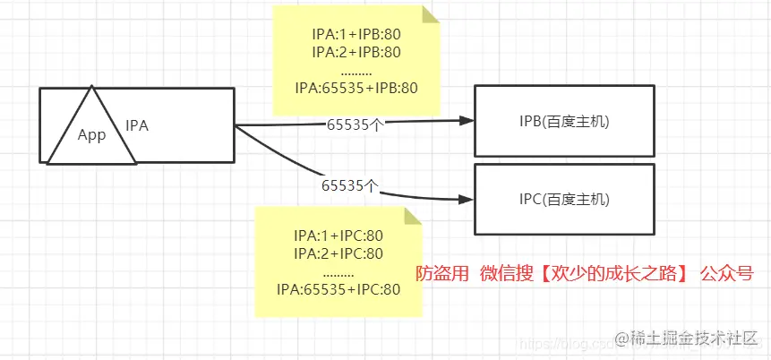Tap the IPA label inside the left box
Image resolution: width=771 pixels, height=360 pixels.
pyautogui.click(x=137, y=126)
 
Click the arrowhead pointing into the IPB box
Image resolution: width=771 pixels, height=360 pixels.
pyautogui.click(x=466, y=121)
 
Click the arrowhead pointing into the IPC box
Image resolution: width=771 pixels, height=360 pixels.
pyautogui.click(x=466, y=199)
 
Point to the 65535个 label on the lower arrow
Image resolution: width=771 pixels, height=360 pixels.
pyautogui.click(x=349, y=186)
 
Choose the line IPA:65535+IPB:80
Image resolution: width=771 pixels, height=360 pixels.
pyautogui.click(x=356, y=88)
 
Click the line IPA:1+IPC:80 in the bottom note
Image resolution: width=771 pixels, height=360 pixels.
pyautogui.click(x=338, y=236)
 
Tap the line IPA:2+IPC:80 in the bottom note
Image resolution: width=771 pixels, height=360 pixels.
pyautogui.click(x=338, y=253)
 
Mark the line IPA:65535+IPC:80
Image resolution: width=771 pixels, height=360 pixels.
pyautogui.click(x=338, y=288)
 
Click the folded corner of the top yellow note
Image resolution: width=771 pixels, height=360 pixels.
pyautogui.click(x=431, y=14)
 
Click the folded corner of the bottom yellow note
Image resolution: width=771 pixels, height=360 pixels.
pyautogui.click(x=413, y=216)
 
